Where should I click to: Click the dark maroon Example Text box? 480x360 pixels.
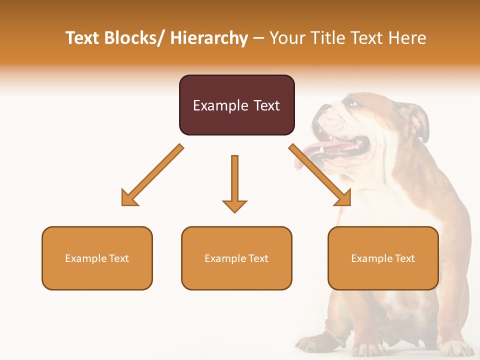pos(236,105)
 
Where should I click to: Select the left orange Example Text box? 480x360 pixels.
pos(97,258)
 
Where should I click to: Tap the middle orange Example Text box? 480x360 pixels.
pos(236,258)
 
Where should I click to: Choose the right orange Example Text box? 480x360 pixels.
pos(383,258)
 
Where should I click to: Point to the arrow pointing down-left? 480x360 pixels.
pos(152,175)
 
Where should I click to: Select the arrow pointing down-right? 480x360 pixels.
pos(320,175)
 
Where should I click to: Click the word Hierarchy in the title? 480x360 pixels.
pos(209,38)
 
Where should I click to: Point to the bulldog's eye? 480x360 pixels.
pos(353,103)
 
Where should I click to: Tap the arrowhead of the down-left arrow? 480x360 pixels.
pos(129,198)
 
